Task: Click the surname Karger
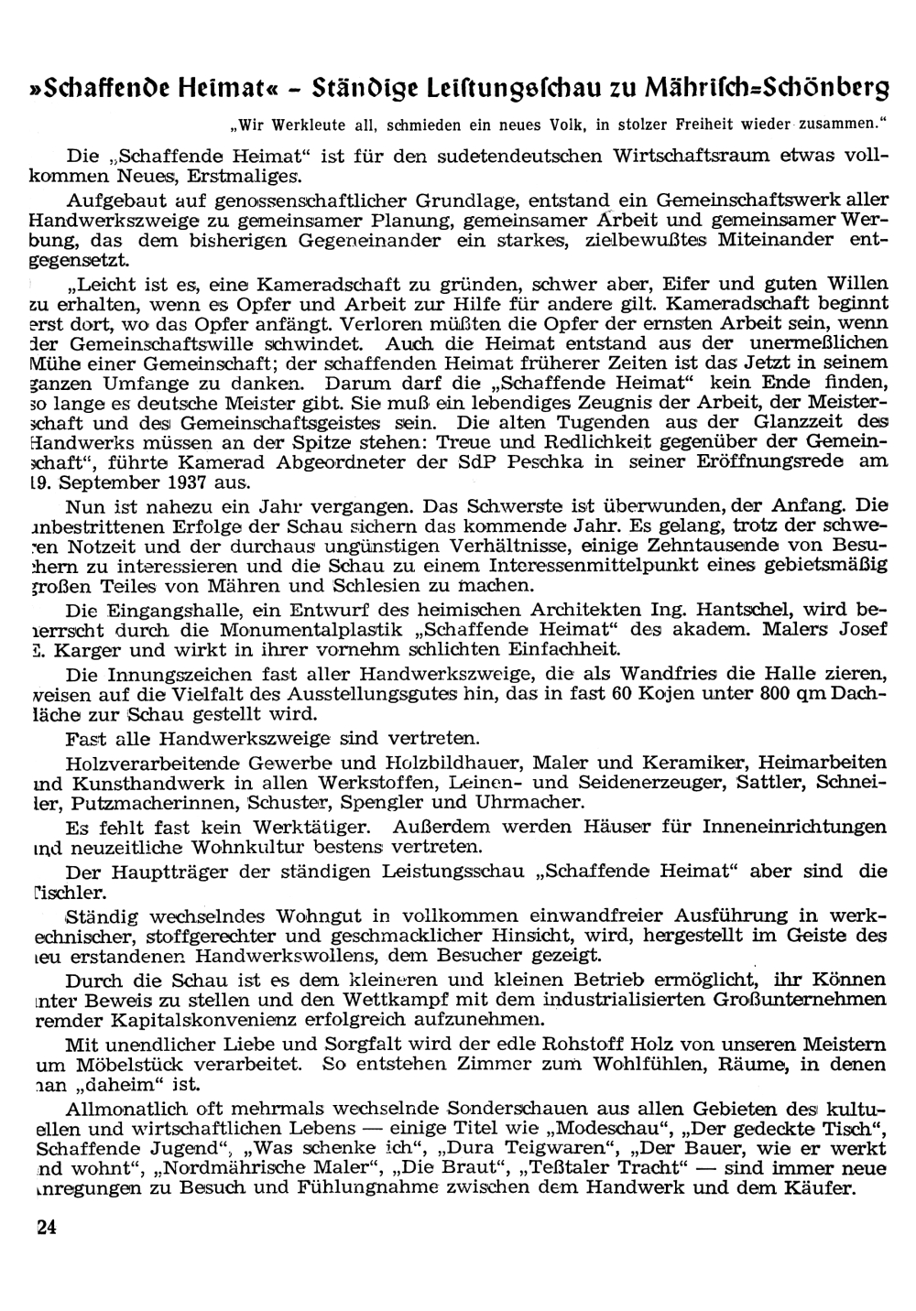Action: click(x=83, y=650)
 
